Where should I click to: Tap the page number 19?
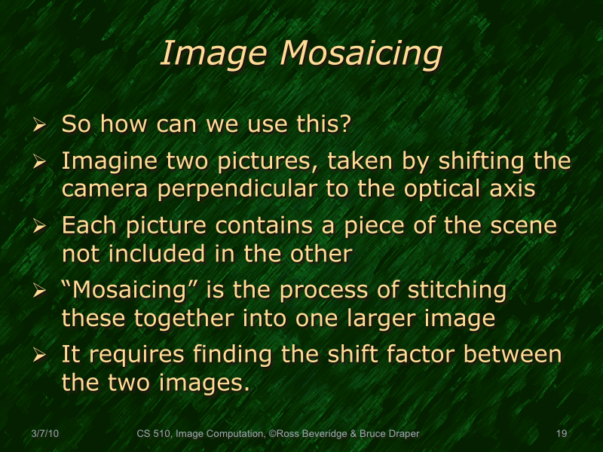[x=561, y=433]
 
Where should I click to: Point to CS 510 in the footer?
[x=154, y=433]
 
